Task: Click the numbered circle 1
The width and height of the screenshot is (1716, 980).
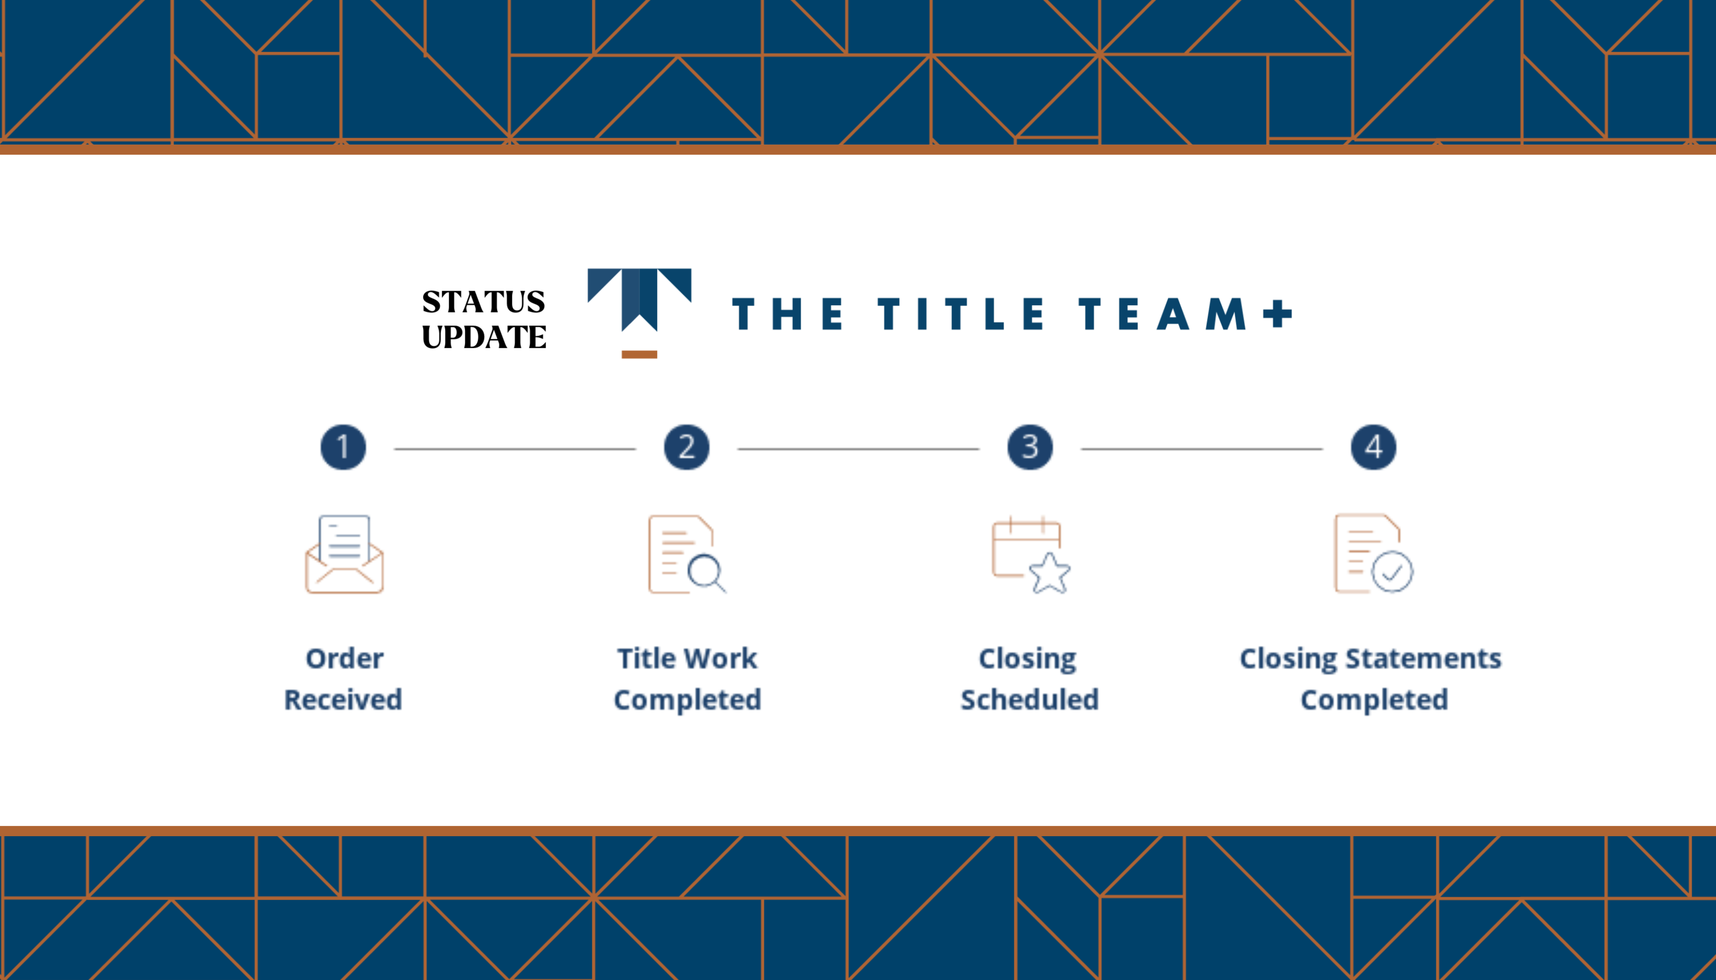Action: coord(343,447)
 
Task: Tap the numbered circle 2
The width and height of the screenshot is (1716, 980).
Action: coord(687,447)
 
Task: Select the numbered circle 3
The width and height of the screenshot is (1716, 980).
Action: coord(1030,447)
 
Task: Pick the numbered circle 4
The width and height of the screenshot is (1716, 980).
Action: coord(1373,447)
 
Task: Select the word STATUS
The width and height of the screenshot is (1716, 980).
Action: coord(483,302)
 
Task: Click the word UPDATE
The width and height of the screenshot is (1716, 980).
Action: coord(484,336)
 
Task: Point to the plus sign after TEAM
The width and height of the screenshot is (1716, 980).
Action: coord(1277,314)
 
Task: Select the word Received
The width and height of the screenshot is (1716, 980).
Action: coord(343,699)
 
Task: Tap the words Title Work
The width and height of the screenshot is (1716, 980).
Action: coord(687,658)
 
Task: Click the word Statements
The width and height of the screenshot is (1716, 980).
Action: coord(1423,658)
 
